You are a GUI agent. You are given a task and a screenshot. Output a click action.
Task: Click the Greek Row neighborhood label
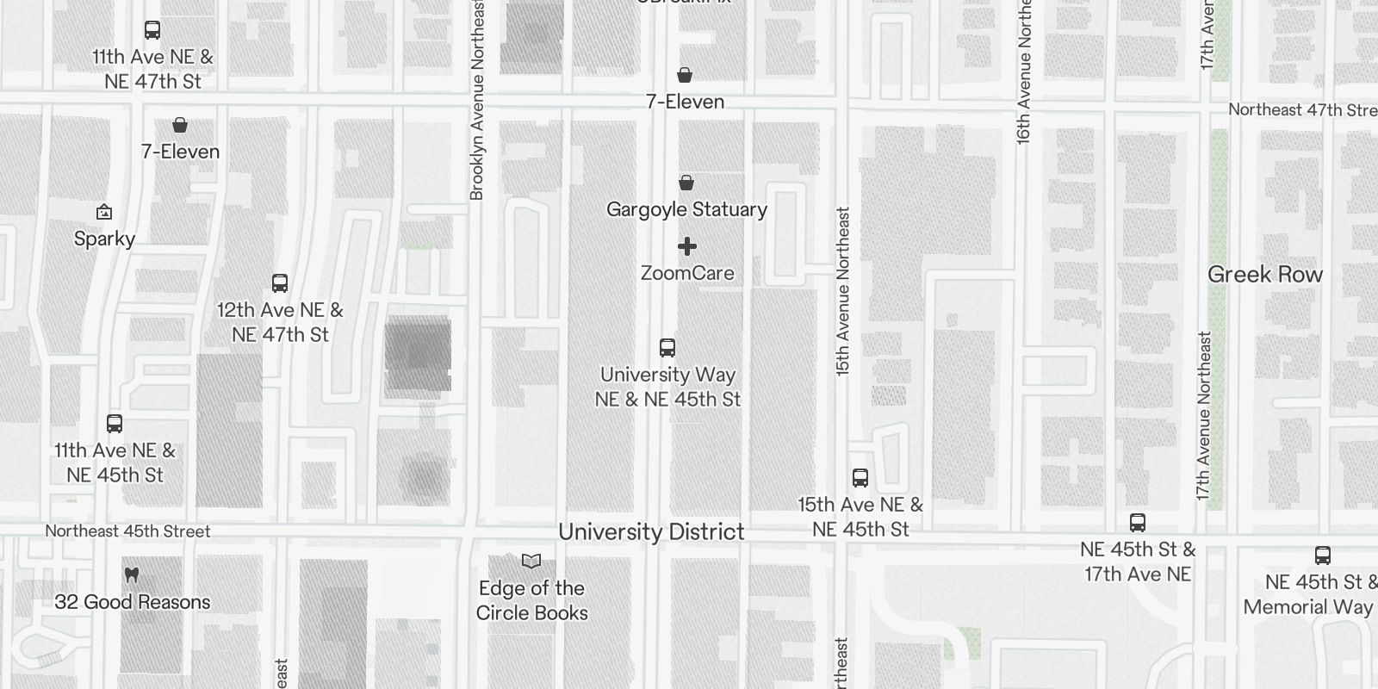pyautogui.click(x=1264, y=275)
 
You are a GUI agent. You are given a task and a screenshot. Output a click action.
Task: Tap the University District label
pyautogui.click(x=651, y=531)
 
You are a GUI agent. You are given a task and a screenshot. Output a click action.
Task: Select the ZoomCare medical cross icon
pyautogui.click(x=686, y=247)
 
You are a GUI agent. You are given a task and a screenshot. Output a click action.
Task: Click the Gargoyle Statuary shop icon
pyautogui.click(x=686, y=183)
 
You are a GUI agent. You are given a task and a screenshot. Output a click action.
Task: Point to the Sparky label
pyautogui.click(x=104, y=239)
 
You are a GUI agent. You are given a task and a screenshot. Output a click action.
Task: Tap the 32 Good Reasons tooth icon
pyautogui.click(x=132, y=574)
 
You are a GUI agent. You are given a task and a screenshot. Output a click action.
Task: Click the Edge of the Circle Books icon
pyautogui.click(x=531, y=562)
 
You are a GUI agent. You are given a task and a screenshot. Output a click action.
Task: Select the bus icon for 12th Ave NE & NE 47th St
pyautogui.click(x=280, y=283)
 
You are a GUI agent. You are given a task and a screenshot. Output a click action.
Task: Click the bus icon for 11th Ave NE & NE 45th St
pyautogui.click(x=115, y=424)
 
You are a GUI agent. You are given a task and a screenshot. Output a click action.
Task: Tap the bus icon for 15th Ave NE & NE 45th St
pyautogui.click(x=860, y=478)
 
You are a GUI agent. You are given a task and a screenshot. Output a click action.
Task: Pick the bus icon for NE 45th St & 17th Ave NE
pyautogui.click(x=1138, y=523)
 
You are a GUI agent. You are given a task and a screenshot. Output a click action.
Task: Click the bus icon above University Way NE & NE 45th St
pyautogui.click(x=667, y=348)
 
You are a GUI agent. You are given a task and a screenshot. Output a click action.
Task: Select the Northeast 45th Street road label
pyautogui.click(x=127, y=531)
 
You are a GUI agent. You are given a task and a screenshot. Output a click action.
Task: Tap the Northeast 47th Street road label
pyautogui.click(x=1301, y=110)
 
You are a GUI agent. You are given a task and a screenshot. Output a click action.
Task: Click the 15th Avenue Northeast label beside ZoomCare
pyautogui.click(x=842, y=290)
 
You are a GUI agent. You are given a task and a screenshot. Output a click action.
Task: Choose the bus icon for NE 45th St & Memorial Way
pyautogui.click(x=1323, y=556)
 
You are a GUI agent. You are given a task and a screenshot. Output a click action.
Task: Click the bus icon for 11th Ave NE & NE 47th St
pyautogui.click(x=152, y=30)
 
